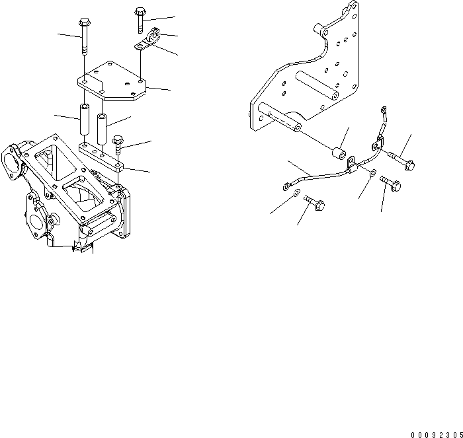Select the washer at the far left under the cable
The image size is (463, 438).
(295, 194)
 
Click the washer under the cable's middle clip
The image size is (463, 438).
(374, 173)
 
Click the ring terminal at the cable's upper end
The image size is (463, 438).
(384, 110)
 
